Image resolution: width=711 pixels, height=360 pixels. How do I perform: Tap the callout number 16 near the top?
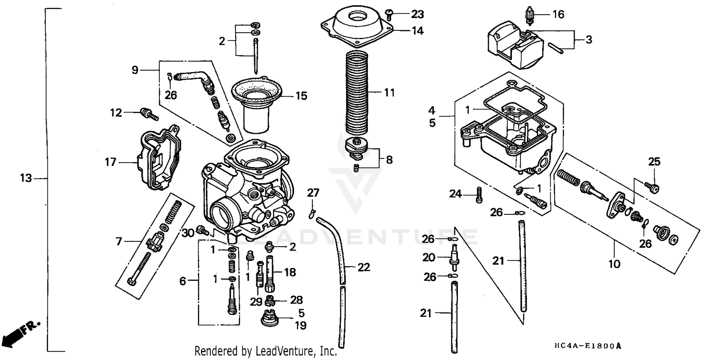tap(558, 15)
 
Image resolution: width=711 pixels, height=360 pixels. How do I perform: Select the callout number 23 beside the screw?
tap(418, 14)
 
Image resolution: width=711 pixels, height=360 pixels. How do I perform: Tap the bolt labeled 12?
tap(148, 114)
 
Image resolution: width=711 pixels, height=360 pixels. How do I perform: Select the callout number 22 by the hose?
tap(363, 268)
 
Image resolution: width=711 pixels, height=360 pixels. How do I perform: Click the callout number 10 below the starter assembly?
tap(614, 263)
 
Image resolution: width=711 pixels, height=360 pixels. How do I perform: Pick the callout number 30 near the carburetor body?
tap(188, 232)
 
